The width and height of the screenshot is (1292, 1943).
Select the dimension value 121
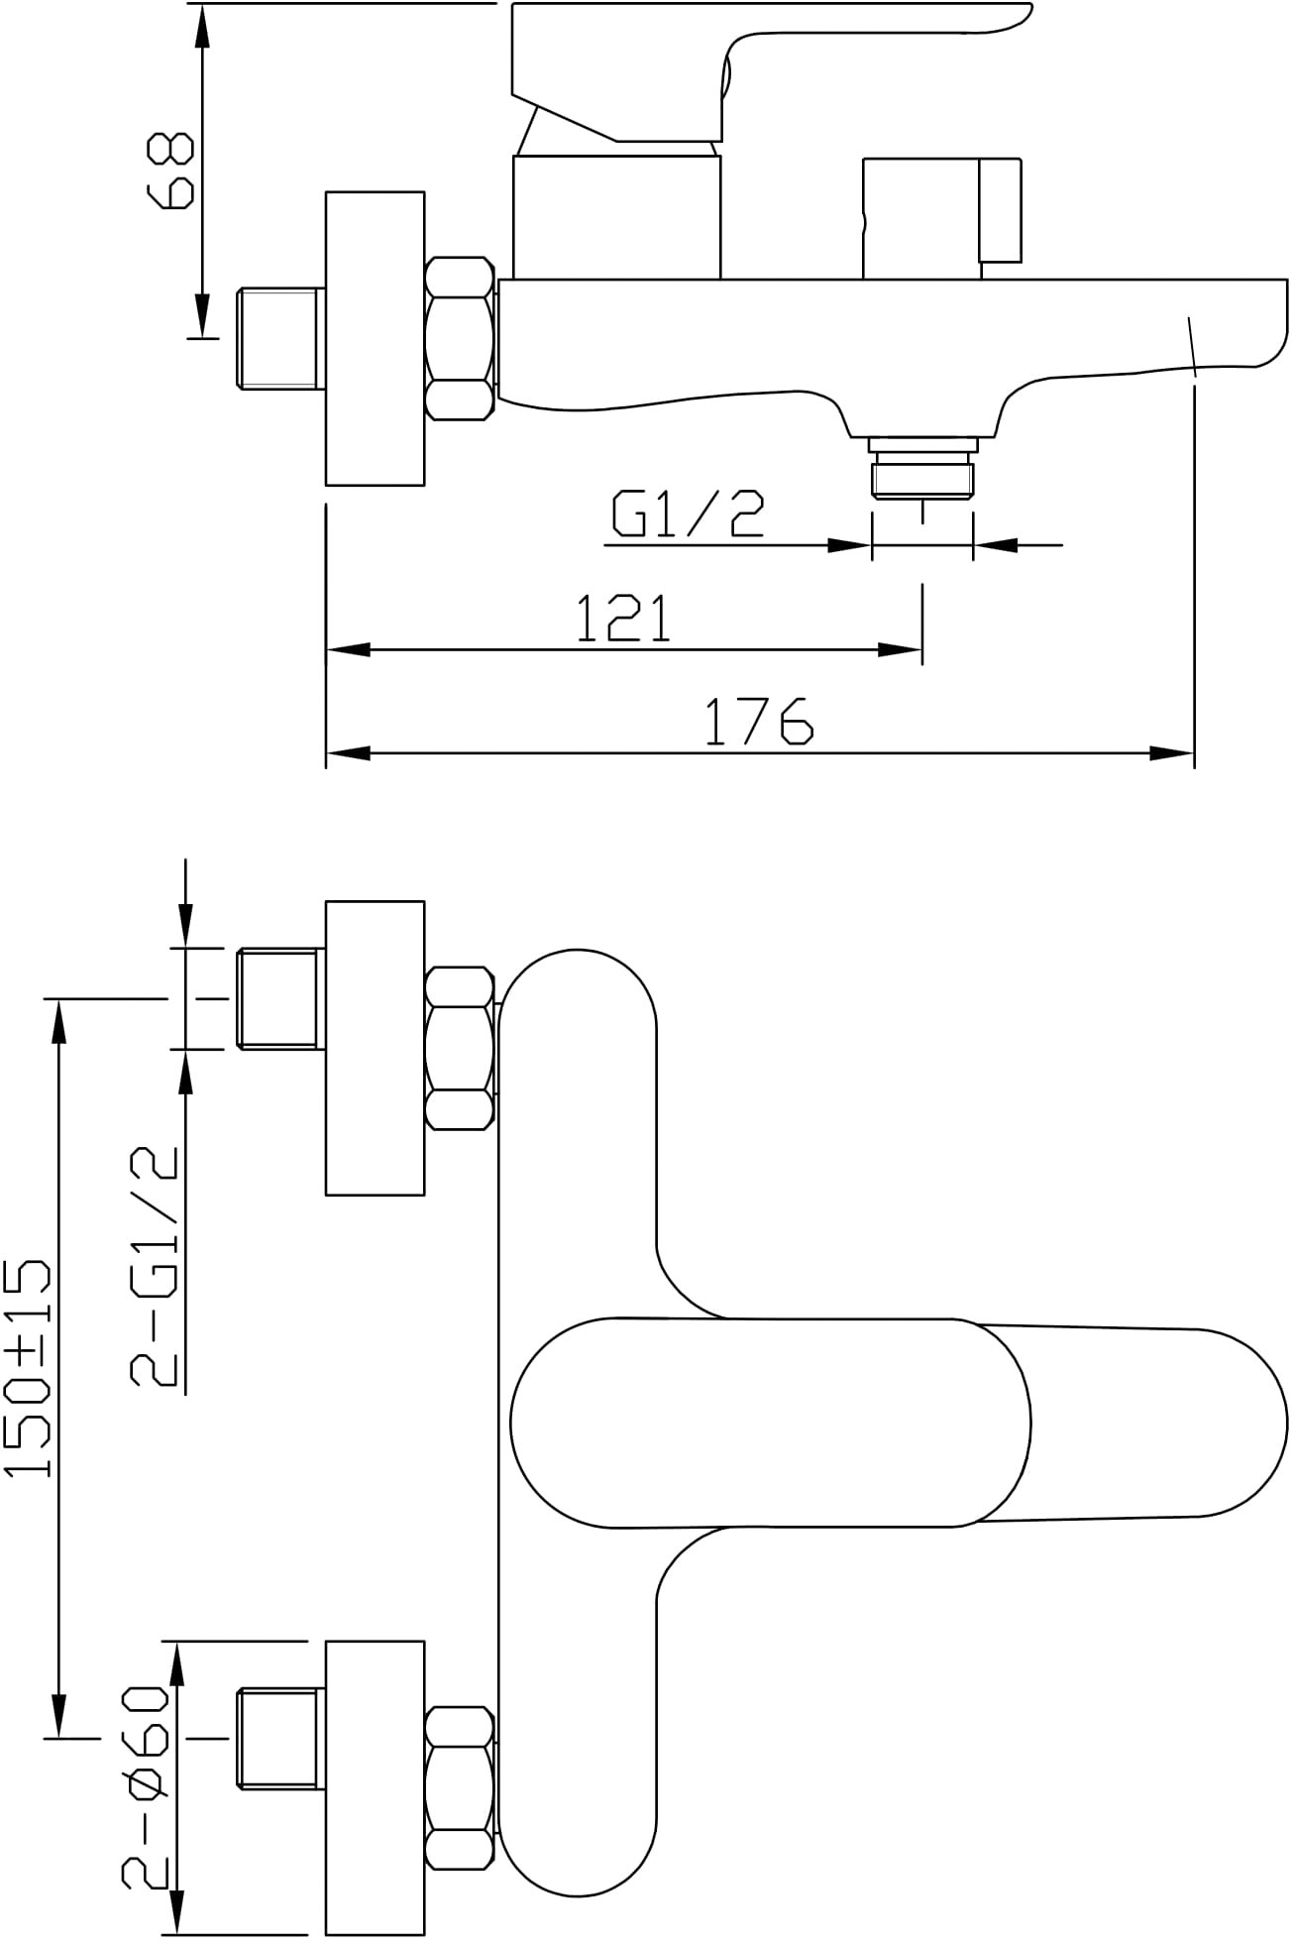624,618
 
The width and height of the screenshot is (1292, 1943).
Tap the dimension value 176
759,721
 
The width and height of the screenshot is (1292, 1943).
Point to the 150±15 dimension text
27,1368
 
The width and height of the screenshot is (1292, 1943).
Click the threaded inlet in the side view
281,337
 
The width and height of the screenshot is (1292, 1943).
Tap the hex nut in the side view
460,338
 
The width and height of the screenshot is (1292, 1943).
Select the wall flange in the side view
376,338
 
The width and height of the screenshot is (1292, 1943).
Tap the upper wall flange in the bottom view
376,1048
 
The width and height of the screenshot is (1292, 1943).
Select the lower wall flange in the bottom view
376,1787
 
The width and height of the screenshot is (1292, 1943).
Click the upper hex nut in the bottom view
460,1049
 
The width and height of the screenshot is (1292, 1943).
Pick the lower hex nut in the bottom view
460,1788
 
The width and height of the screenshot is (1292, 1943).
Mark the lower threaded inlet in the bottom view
281,1787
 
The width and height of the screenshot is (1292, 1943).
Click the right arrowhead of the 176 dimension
1172,753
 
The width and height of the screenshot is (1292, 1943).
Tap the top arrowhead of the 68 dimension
201,26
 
